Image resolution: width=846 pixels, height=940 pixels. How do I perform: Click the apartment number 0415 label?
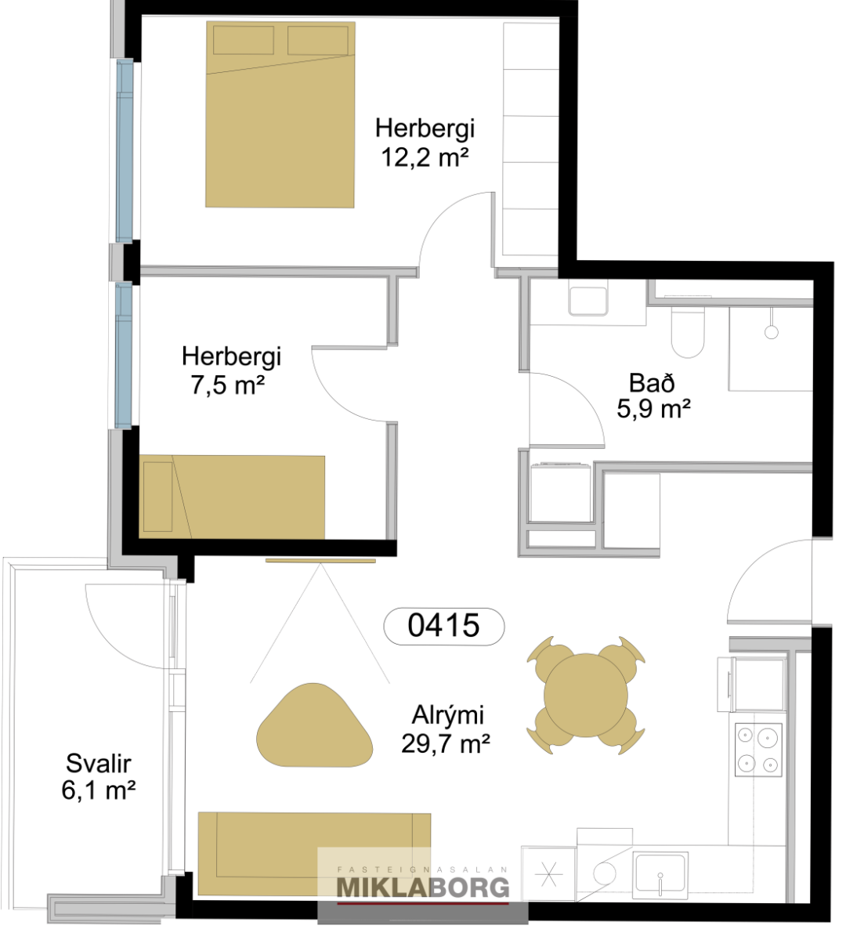point(443,626)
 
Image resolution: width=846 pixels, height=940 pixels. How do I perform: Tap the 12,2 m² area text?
point(425,157)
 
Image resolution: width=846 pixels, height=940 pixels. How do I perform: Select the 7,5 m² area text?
point(228,386)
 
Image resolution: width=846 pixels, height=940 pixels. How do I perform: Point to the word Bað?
point(652,383)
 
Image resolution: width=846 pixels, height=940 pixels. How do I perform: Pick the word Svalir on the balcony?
point(99,763)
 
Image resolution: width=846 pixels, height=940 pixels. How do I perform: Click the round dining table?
point(585,695)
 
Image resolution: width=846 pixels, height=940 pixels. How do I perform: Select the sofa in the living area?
point(314,855)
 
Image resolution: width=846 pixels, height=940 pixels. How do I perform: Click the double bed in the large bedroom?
point(280,114)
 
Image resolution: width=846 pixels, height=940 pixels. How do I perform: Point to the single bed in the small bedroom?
point(232,497)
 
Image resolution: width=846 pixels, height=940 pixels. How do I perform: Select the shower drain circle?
point(771,332)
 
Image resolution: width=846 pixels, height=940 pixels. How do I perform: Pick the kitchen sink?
point(660,862)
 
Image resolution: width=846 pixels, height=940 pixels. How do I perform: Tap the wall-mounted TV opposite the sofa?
point(320,560)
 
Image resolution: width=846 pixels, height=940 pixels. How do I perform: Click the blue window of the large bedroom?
point(125,151)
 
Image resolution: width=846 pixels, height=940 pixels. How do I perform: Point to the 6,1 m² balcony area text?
point(99,791)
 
